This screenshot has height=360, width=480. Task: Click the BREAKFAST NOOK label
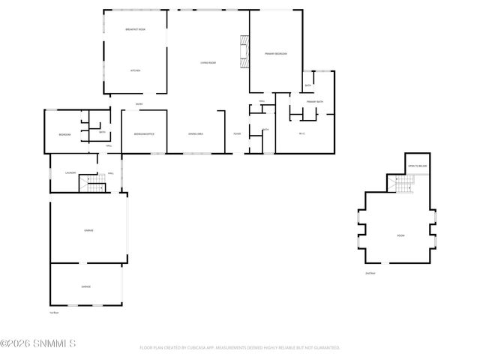coord(135,29)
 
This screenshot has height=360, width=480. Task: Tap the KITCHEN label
coord(136,70)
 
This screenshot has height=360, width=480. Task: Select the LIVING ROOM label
coord(208,63)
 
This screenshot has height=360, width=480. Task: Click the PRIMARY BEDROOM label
coord(275,54)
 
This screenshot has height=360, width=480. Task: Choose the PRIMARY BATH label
coord(315,101)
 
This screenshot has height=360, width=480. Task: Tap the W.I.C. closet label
coord(301,134)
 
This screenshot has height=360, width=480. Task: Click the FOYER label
coord(237,134)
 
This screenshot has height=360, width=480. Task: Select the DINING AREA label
coord(196,134)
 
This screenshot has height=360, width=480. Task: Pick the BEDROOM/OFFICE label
coord(144,134)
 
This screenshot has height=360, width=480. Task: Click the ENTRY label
coord(139,104)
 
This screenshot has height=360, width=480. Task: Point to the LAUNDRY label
coord(70,173)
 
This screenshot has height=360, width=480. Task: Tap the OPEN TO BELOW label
coord(417,166)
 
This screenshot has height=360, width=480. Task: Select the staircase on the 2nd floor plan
coord(404,184)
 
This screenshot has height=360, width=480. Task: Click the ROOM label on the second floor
coord(400,235)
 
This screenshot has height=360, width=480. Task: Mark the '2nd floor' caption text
coord(370,273)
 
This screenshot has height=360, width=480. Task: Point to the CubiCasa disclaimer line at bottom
coord(240,348)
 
